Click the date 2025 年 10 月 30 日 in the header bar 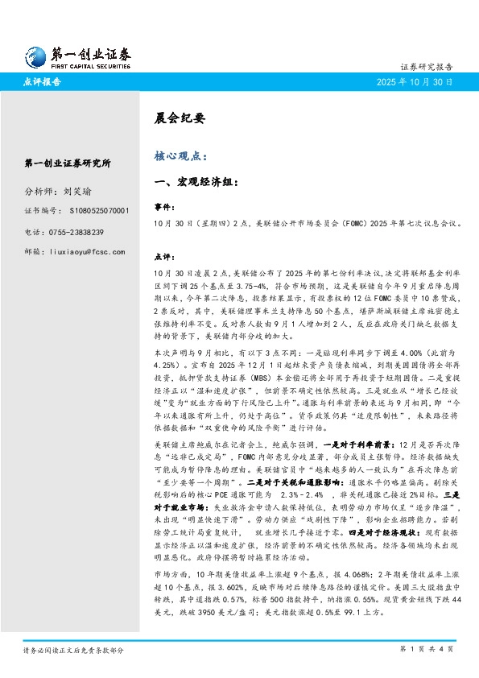[416, 82]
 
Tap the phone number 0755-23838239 [88, 232]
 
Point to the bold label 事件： [163, 206]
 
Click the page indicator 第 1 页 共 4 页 [427, 648]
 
